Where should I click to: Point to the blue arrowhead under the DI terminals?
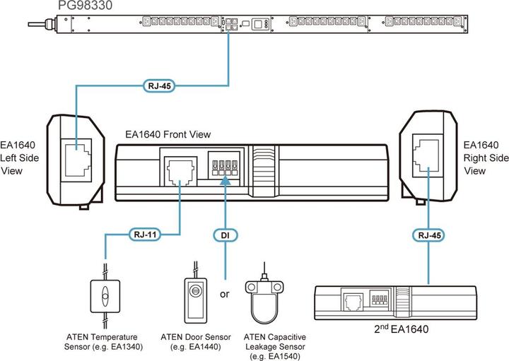point(225,182)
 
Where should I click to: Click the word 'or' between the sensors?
point(225,294)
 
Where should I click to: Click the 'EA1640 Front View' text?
point(168,134)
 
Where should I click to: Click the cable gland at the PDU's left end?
point(48,25)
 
